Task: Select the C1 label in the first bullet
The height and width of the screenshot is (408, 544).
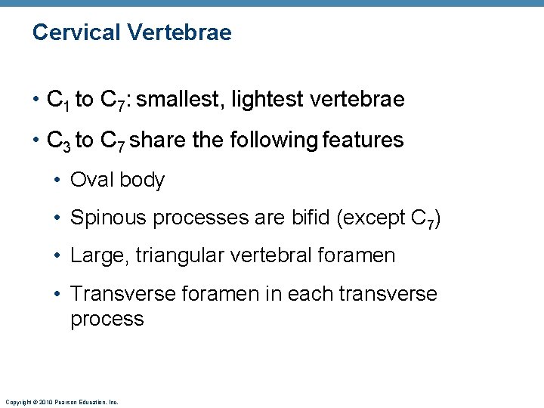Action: pyautogui.click(x=58, y=100)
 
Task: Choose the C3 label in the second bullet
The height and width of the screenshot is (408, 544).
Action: pyautogui.click(x=59, y=141)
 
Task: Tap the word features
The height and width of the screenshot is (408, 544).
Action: pyautogui.click(x=365, y=140)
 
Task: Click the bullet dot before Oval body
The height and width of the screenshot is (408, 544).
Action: pyautogui.click(x=58, y=181)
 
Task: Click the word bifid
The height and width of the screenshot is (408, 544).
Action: pyautogui.click(x=311, y=218)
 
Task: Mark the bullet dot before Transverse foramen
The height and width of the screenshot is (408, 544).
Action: pyautogui.click(x=58, y=294)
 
